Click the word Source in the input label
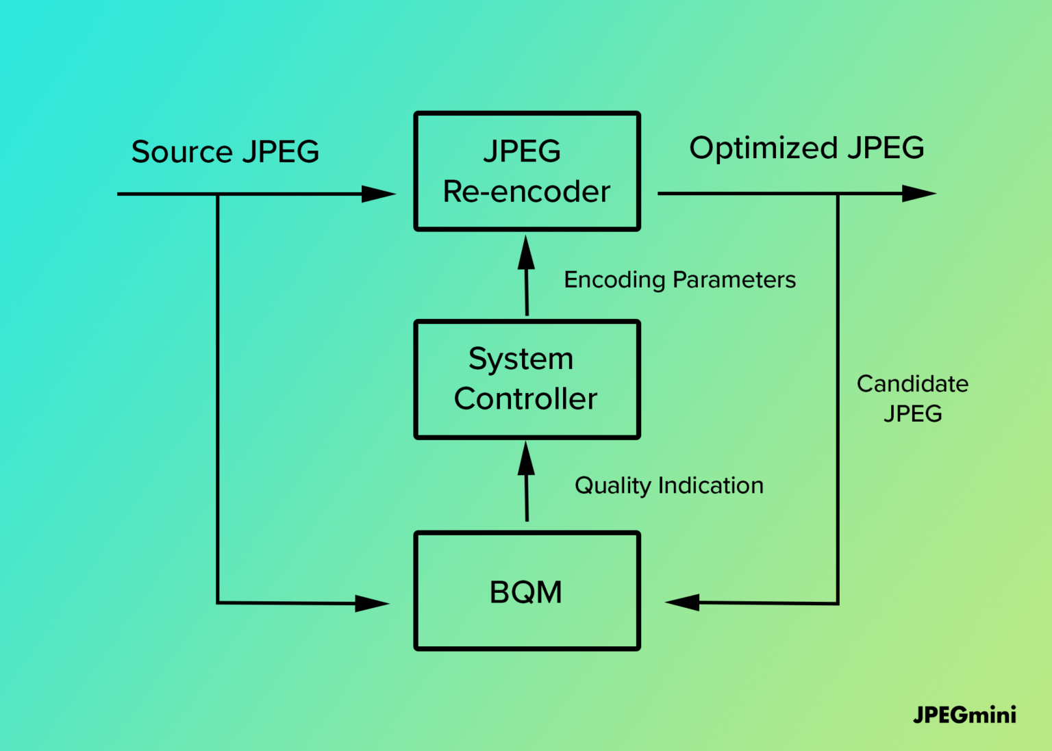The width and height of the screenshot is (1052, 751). coord(181,151)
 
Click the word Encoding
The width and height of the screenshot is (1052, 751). coord(615,280)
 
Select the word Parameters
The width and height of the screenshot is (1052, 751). coord(734,280)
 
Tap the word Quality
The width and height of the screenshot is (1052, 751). coord(613,486)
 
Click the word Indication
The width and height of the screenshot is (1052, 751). coord(711,485)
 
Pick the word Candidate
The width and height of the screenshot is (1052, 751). coord(912,384)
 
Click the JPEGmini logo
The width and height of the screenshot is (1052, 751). coord(964,715)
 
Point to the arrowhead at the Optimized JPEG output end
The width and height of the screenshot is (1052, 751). coord(919,193)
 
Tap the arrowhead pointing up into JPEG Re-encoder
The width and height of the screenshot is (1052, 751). coord(526,253)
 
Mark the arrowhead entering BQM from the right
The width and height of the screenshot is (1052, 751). coord(682,602)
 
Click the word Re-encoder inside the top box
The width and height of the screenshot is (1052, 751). coord(527,192)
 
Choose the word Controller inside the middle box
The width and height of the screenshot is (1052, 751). coord(525,399)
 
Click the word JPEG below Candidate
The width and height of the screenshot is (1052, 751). coord(913,413)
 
